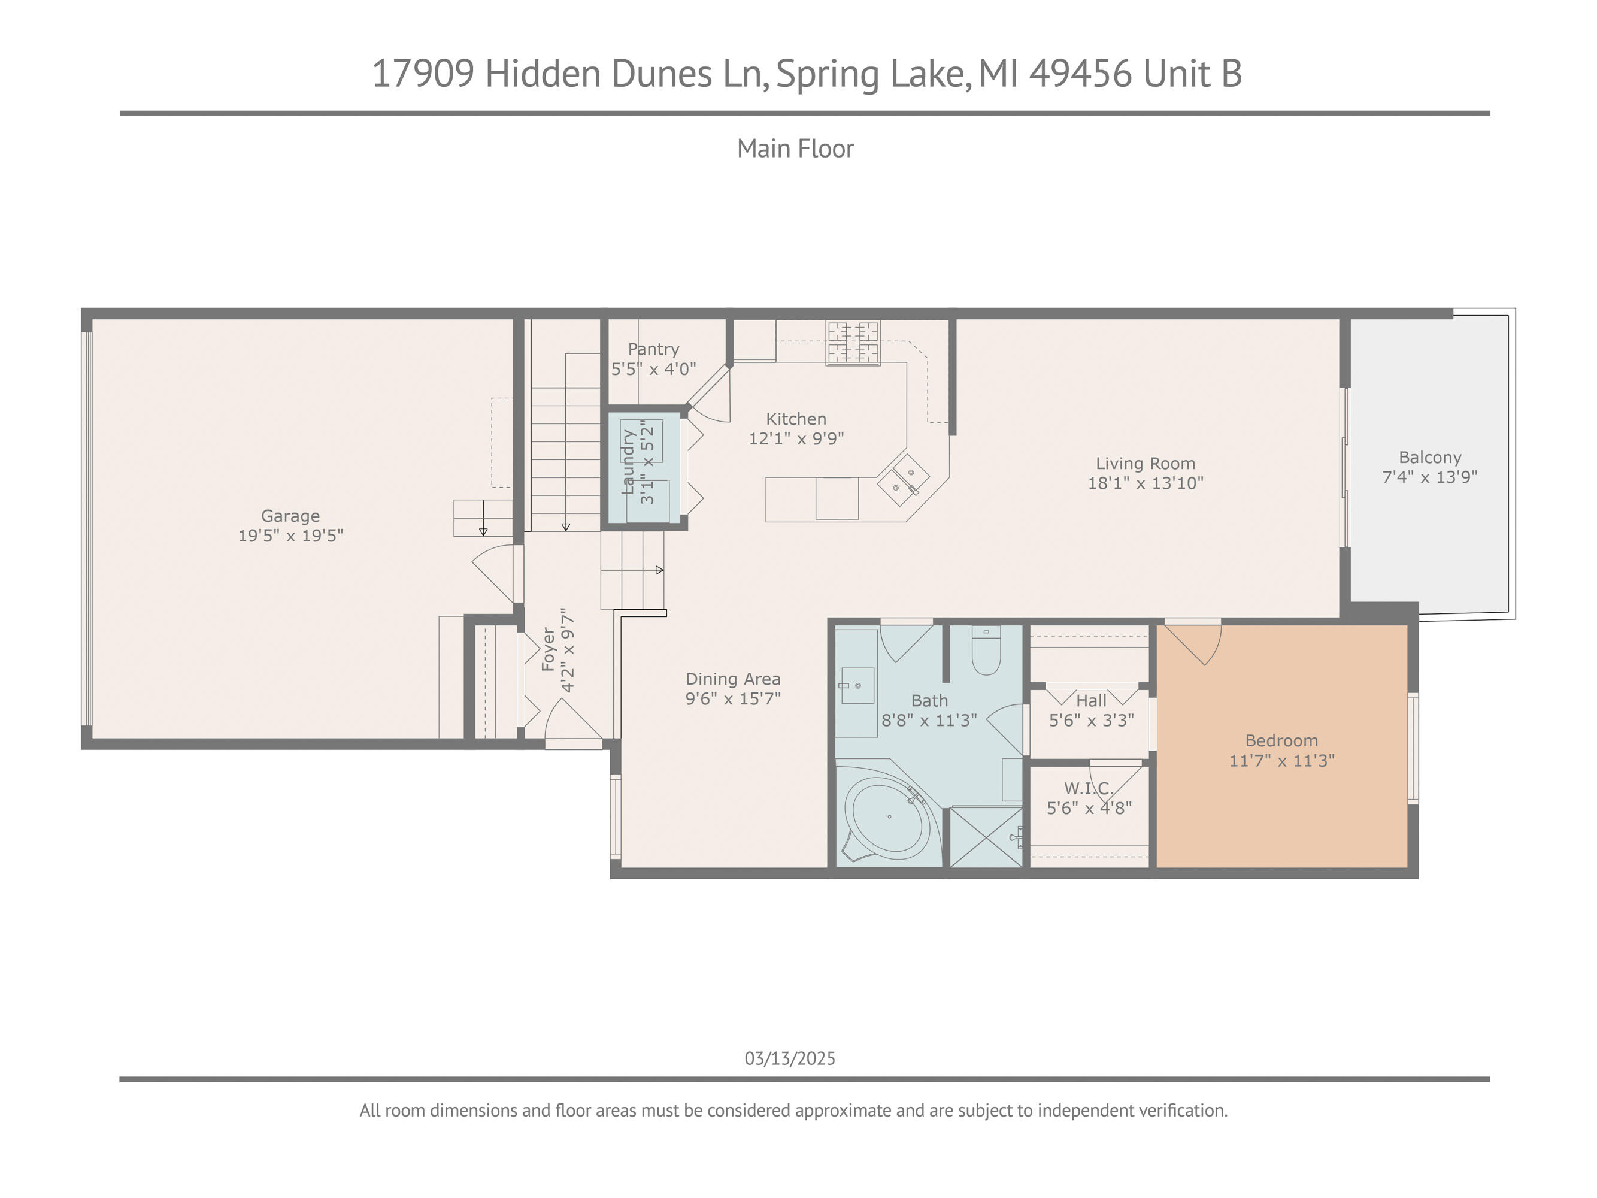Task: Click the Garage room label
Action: click(x=290, y=516)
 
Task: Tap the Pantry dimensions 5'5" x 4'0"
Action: click(x=653, y=369)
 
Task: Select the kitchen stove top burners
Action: click(x=853, y=343)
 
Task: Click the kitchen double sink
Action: click(x=902, y=479)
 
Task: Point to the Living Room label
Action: click(x=1145, y=464)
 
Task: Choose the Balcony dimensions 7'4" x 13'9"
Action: click(x=1429, y=477)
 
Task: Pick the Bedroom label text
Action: click(x=1281, y=740)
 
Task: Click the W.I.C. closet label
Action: click(x=1089, y=788)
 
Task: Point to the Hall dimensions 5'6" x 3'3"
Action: click(x=1091, y=720)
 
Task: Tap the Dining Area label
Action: click(x=733, y=679)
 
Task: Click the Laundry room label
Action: click(x=628, y=462)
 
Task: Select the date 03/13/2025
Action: click(x=790, y=1058)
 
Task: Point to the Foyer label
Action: click(x=549, y=650)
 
